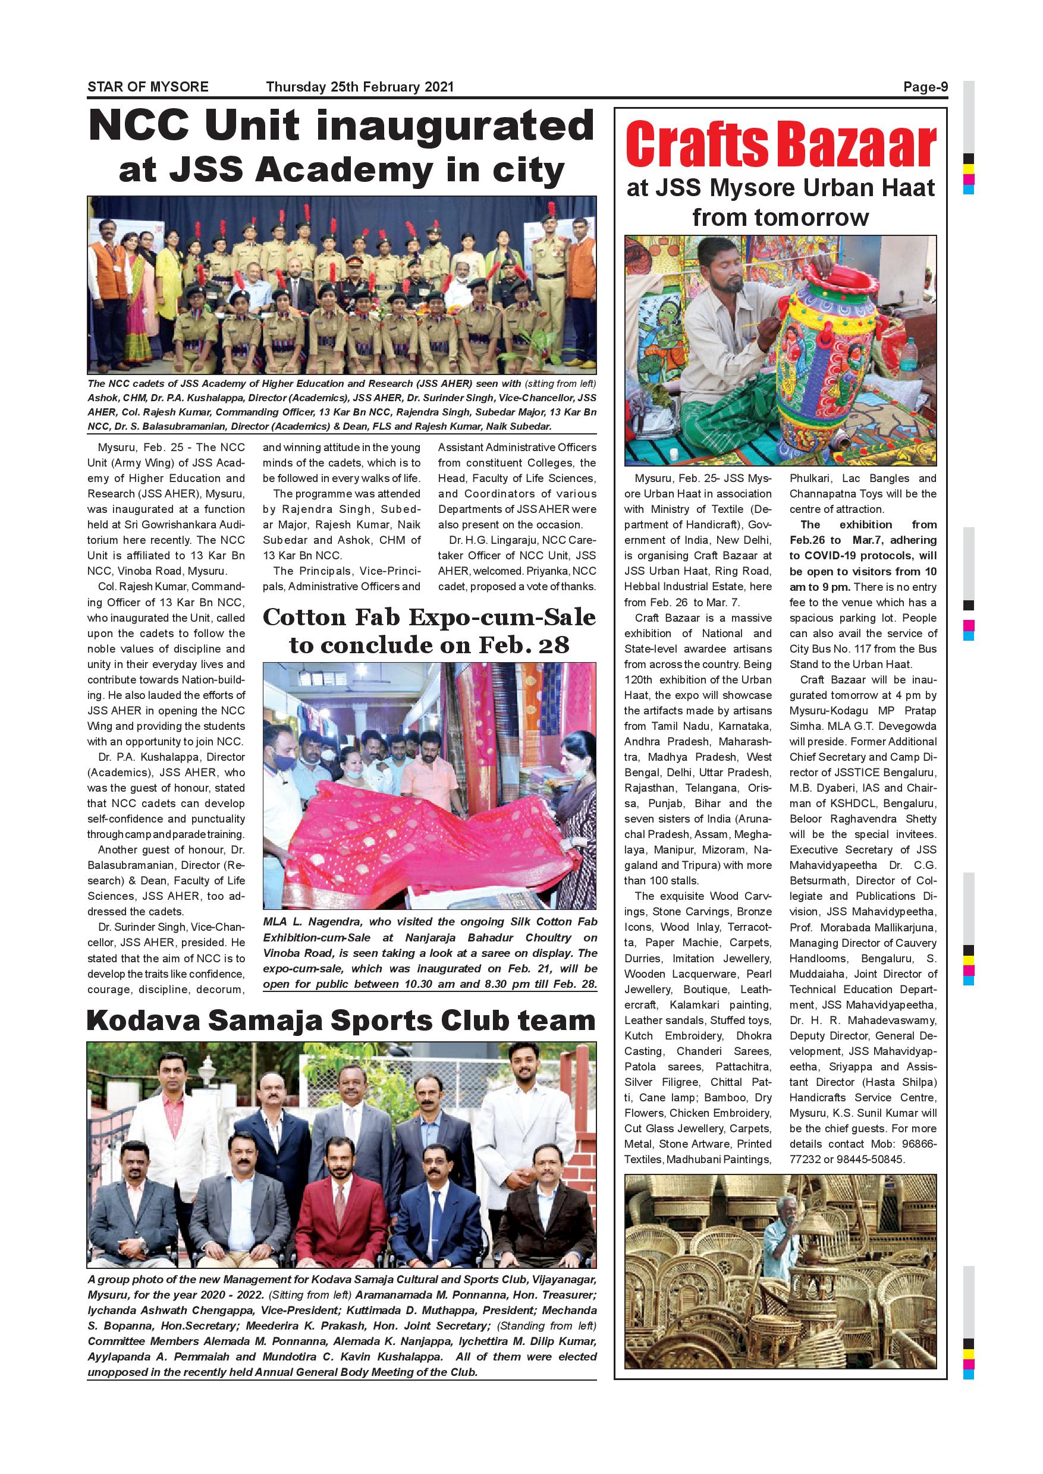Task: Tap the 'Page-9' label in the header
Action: [x=925, y=87]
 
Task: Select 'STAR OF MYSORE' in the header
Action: [x=147, y=87]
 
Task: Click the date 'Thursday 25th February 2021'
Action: [x=360, y=87]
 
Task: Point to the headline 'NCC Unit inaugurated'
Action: [x=341, y=125]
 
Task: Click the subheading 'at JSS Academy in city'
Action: [x=341, y=171]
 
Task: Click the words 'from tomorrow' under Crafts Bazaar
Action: [x=780, y=218]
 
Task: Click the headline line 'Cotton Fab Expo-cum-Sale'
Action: [x=429, y=618]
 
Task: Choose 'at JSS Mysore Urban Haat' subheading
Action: [x=780, y=188]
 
